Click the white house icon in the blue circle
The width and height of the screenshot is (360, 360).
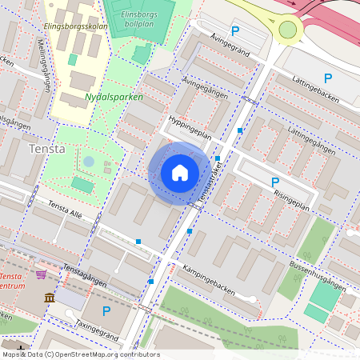180,173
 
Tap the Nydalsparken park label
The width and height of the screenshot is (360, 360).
114,98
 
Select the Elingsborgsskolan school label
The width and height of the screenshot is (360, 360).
76,26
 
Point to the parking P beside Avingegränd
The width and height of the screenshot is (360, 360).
234,31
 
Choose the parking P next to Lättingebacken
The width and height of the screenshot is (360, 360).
327,78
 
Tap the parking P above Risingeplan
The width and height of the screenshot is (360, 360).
275,182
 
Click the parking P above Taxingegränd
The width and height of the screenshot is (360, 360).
106,310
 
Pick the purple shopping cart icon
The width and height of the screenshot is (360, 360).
41,274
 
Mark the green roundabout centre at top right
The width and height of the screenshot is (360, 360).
288,30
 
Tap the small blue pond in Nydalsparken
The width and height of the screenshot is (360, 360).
89,162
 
